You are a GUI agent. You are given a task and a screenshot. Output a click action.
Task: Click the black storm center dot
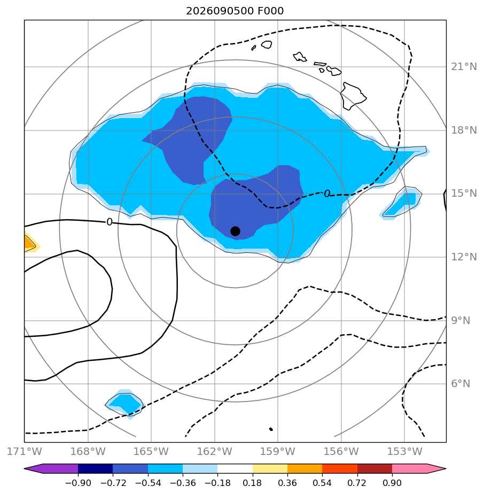tap(235, 231)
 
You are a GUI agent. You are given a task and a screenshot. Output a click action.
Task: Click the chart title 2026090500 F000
tap(235, 11)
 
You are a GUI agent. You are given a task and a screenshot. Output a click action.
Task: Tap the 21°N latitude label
tap(464, 67)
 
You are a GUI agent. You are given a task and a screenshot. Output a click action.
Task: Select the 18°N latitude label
tap(464, 130)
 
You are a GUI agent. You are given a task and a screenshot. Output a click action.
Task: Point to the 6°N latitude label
tap(460, 383)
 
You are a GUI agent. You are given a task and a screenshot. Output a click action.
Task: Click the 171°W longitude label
tap(24, 451)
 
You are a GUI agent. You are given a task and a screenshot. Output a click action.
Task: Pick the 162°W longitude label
tap(214, 451)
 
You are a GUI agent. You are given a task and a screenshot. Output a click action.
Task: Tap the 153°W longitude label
tap(404, 451)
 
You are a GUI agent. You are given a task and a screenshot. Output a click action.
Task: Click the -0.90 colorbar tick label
tap(78, 483)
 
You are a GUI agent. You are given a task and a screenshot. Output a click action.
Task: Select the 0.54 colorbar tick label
tap(322, 483)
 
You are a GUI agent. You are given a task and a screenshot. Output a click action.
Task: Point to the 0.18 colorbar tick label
tap(252, 483)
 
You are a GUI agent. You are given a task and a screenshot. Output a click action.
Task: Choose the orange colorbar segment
tap(305, 468)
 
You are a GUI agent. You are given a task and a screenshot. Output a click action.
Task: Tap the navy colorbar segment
tap(95, 468)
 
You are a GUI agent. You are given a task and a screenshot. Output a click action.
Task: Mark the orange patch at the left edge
tap(29, 243)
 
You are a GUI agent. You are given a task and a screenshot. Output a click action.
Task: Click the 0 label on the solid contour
tap(110, 222)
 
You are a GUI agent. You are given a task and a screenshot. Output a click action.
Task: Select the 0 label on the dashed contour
tap(327, 194)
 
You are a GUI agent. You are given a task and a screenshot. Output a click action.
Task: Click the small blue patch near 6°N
tap(124, 404)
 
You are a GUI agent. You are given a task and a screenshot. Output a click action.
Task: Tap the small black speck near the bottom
tap(271, 429)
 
